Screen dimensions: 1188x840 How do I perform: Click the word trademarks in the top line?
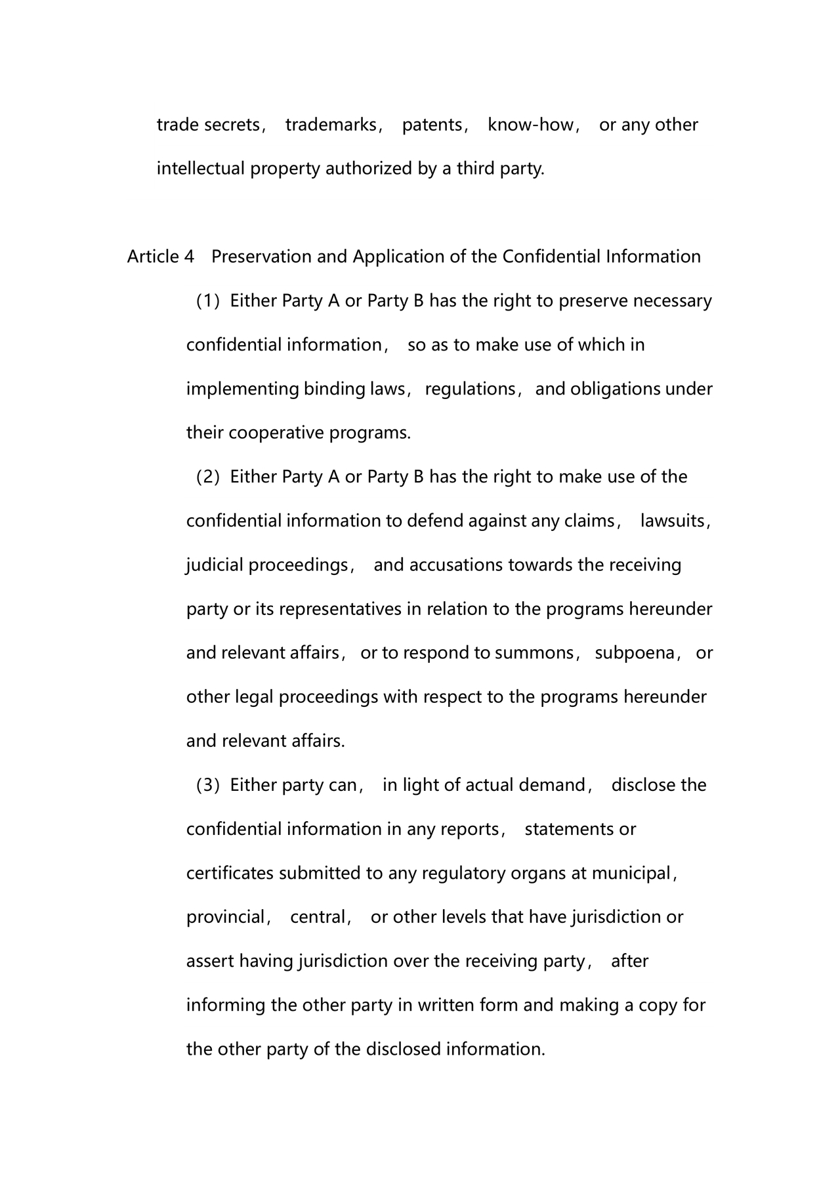point(331,125)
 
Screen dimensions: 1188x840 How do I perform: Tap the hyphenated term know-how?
point(530,125)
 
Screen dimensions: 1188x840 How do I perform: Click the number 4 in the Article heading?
point(189,257)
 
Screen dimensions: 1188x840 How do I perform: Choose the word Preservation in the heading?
point(261,257)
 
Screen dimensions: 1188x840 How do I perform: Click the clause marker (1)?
point(207,301)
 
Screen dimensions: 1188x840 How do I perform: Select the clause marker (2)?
point(207,477)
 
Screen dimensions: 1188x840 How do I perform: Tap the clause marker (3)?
point(207,785)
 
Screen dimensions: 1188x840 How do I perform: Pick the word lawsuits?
point(673,521)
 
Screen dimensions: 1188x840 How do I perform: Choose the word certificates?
point(230,874)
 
